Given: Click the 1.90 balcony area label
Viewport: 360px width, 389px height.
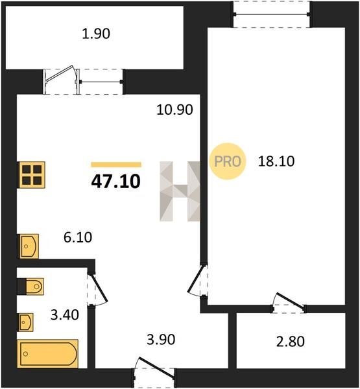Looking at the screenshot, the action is click(96, 34).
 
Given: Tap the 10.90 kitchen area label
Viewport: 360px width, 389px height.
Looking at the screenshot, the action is click(174, 110).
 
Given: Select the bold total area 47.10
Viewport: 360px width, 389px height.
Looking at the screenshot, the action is click(116, 182).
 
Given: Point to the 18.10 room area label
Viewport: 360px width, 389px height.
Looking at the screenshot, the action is click(276, 161).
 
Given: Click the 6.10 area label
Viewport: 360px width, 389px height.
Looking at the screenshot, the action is click(78, 237).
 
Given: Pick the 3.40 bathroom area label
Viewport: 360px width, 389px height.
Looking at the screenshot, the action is click(65, 315).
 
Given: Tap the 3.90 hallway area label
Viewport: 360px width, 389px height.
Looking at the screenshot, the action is click(161, 339).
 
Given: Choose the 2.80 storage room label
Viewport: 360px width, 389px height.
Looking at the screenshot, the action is click(290, 342).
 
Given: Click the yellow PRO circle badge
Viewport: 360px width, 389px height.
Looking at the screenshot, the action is click(228, 161).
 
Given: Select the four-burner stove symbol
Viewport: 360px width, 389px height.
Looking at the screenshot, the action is click(31, 174).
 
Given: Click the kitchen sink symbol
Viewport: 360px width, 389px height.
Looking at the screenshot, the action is click(29, 246).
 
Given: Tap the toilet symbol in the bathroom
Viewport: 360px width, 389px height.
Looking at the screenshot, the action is click(30, 287).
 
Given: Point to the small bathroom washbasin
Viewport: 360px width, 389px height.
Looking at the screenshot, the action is click(25, 322).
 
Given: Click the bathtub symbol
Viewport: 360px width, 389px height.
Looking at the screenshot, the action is click(47, 354).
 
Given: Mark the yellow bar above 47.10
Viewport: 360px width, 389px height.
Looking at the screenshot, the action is click(116, 165).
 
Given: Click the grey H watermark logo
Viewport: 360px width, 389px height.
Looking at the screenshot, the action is click(180, 191).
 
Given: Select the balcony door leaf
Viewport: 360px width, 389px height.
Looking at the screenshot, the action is click(60, 73).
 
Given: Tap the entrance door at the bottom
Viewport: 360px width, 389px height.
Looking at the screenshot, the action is click(156, 368).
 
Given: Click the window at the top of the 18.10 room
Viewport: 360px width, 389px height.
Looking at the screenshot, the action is click(272, 14).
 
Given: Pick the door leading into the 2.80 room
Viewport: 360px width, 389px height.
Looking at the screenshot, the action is click(291, 301).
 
